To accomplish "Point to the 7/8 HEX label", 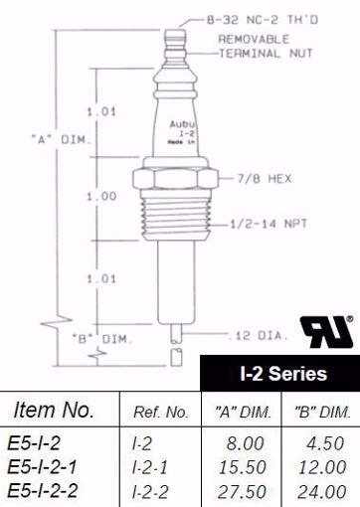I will coord(257,181).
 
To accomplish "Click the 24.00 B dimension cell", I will coord(322,490).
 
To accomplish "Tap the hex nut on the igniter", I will coord(174,180).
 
